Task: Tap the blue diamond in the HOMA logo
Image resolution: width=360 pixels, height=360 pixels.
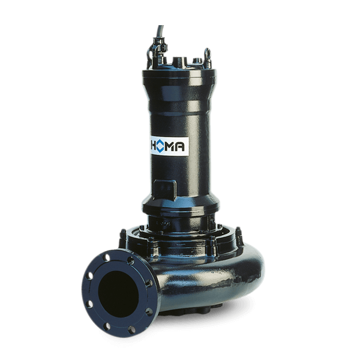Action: coord(160,146)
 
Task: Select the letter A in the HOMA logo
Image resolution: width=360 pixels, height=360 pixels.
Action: coord(179,147)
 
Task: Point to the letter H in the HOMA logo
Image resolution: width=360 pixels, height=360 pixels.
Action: coord(153,146)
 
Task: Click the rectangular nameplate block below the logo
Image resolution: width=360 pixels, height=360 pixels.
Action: coord(165,190)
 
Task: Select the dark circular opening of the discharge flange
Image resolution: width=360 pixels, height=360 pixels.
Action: coord(118,294)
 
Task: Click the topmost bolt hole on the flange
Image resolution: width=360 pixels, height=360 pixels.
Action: coord(106,257)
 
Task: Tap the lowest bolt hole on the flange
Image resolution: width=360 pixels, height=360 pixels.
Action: coord(131,329)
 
